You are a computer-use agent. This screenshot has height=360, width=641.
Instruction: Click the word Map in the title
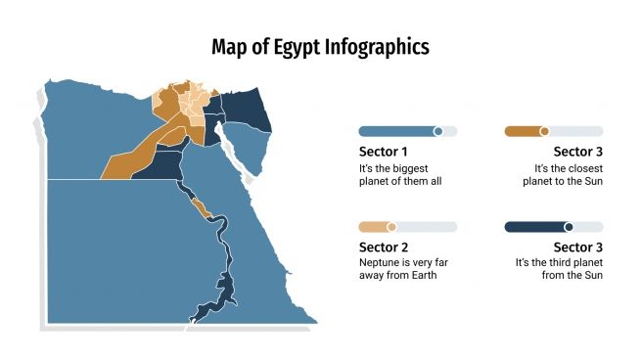tap(231, 47)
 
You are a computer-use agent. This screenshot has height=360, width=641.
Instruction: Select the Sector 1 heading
tap(383, 152)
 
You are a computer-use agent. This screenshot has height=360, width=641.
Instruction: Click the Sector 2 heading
tap(383, 247)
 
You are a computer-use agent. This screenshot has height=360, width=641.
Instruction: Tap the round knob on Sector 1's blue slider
tap(437, 131)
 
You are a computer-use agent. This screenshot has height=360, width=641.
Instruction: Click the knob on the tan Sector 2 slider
tap(391, 227)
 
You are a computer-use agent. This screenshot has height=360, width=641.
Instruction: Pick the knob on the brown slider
tap(544, 131)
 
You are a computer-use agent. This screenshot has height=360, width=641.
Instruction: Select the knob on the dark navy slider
tap(568, 227)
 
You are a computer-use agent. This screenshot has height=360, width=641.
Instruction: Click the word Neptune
tap(381, 262)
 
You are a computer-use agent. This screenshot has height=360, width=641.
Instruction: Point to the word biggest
tap(398, 167)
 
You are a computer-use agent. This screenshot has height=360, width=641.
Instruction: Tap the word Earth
tap(422, 276)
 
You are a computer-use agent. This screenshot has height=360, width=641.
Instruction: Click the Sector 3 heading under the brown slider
tap(577, 152)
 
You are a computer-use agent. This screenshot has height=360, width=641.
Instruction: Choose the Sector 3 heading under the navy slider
tap(577, 247)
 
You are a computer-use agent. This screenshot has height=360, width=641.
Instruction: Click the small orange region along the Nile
tap(203, 207)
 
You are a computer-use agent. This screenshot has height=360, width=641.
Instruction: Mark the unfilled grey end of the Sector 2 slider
tap(431, 227)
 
